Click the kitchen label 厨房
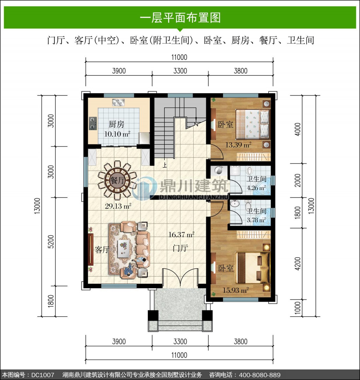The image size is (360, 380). (x=116, y=124)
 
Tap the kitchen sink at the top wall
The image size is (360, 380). (x=118, y=102)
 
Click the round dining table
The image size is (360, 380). (x=117, y=181)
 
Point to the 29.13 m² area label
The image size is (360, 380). (x=118, y=206)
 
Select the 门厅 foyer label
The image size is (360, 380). (x=180, y=248)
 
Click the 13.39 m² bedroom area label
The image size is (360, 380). (x=238, y=144)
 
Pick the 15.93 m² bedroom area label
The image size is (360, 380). (x=235, y=290)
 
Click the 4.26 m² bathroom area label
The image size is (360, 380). (x=256, y=188)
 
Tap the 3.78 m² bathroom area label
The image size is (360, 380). (x=256, y=220)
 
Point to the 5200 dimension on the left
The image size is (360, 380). (x=51, y=242)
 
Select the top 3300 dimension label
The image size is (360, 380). (x=180, y=71)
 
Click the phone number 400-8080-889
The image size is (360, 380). (x=259, y=375)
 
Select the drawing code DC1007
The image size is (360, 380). (x=43, y=375)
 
